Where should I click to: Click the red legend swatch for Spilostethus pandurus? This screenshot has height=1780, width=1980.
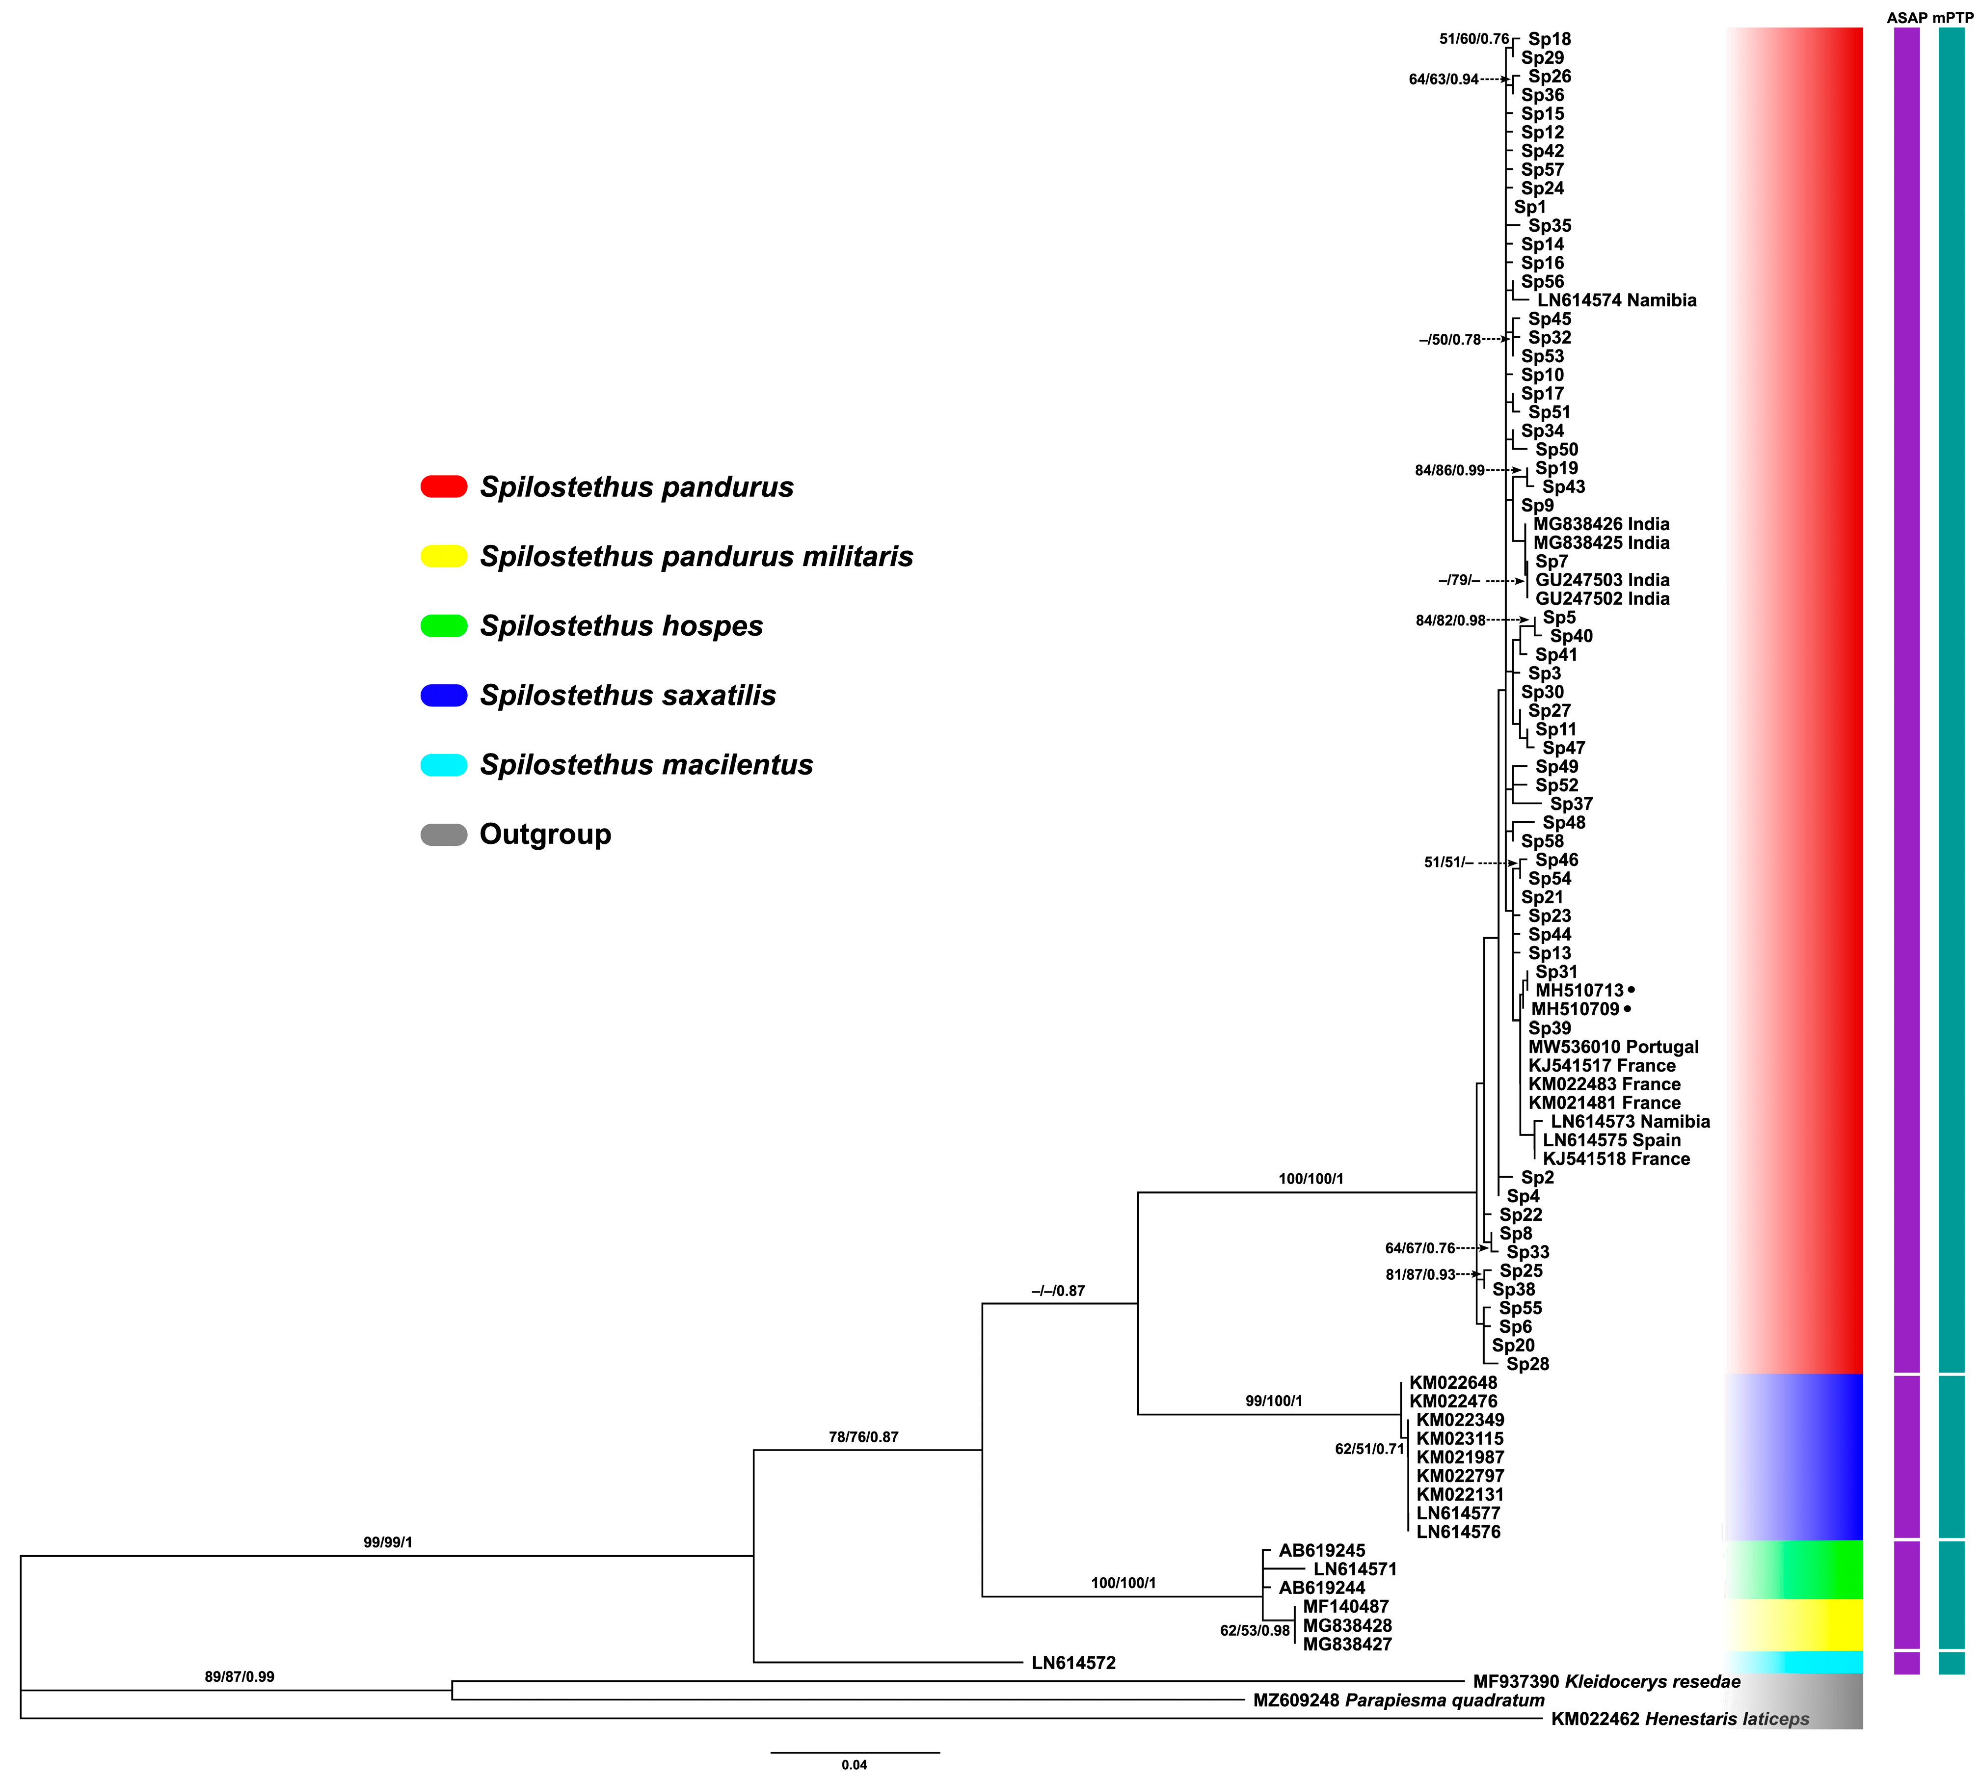coord(444,486)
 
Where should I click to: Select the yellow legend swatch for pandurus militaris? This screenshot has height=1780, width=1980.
coord(444,556)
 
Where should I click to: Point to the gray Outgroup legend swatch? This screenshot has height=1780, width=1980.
coord(444,834)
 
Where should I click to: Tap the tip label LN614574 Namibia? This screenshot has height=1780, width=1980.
coord(1616,300)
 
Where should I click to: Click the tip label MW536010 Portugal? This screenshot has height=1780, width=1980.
coord(1613,1047)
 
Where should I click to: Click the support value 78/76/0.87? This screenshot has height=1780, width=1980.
coord(863,1437)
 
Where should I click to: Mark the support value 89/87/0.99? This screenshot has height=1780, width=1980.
coord(240,1676)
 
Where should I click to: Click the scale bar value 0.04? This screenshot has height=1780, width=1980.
coord(855,1764)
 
